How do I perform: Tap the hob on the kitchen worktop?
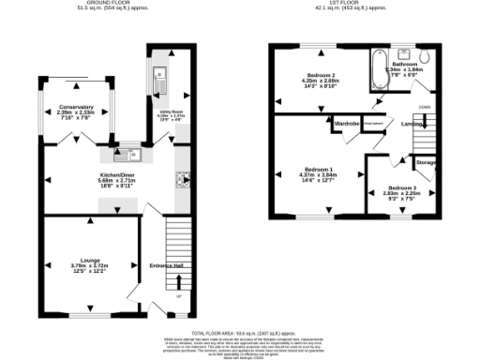(182, 179)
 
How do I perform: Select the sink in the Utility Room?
(159, 75)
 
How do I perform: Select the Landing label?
(411, 123)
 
